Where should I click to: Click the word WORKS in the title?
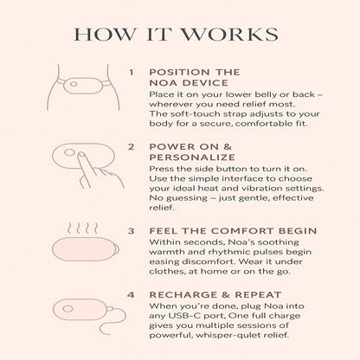coord(229,35)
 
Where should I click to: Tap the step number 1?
coord(132,72)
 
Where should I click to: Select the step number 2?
coord(132,147)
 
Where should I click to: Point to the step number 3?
coord(132,231)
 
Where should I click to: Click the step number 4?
coord(131,295)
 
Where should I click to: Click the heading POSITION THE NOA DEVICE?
coord(195,77)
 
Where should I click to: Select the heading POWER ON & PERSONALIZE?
coord(192,152)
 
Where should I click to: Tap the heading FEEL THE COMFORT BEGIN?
coord(233,231)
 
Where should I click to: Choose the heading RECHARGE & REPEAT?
coord(215,295)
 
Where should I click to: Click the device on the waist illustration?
coord(83,86)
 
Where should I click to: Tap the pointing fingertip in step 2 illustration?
coord(81,156)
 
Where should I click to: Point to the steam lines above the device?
coord(83,228)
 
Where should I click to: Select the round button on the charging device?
coord(67,309)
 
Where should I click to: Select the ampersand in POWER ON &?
coord(228,147)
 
